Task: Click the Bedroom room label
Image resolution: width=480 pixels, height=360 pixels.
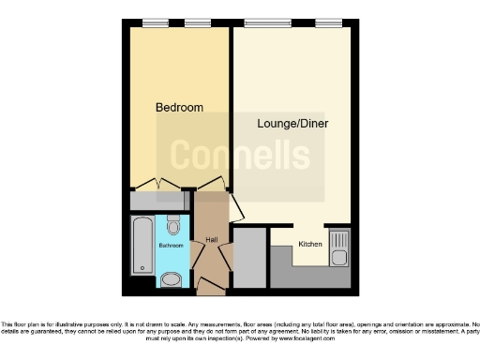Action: coord(179,108)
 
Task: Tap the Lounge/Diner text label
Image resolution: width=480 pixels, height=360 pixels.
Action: coord(292,123)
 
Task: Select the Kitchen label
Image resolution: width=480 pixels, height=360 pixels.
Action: coord(310,245)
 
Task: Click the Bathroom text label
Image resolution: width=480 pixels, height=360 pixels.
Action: coord(171,246)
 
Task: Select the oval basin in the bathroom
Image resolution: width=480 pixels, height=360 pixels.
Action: coord(171,279)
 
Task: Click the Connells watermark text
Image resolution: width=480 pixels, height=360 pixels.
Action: coord(239,155)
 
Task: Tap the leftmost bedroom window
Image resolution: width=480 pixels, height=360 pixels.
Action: coord(156,22)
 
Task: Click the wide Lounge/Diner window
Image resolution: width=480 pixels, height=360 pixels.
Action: coord(270,22)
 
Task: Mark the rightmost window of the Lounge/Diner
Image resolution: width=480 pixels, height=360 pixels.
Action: coord(328,22)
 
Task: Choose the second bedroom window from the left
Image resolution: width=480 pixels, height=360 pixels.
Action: coord(197,22)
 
